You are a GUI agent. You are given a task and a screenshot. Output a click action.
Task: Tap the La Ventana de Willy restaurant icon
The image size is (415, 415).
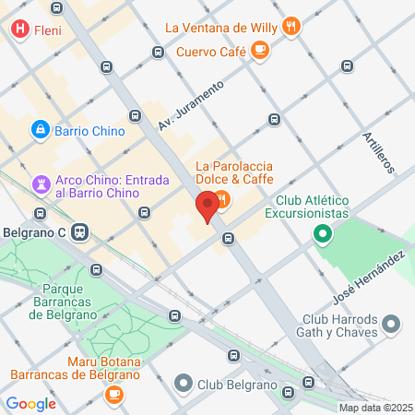[x=291, y=26]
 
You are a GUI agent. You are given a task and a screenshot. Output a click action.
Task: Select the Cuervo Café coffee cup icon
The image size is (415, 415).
[x=261, y=50]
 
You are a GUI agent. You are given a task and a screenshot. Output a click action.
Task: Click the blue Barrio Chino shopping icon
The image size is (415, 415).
[x=41, y=131]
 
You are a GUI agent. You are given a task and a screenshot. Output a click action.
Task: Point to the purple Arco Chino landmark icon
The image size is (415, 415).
[x=41, y=184]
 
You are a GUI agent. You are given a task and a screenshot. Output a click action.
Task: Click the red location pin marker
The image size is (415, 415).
[x=207, y=205]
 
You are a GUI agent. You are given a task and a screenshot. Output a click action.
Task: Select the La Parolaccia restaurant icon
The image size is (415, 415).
[x=222, y=198]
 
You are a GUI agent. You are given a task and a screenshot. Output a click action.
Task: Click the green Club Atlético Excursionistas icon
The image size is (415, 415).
[x=323, y=234]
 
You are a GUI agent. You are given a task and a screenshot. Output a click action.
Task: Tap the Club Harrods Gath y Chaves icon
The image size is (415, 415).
[x=392, y=324]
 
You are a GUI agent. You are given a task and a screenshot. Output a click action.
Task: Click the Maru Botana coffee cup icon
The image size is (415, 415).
[x=113, y=395]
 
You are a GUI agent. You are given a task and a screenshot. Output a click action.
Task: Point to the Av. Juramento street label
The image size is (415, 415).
[x=191, y=105]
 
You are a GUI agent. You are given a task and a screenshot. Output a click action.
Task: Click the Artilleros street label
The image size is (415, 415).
[x=377, y=152]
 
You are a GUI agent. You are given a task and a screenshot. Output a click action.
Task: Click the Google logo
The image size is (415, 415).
[x=30, y=403]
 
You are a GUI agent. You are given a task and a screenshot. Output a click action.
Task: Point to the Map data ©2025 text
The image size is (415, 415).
[x=374, y=408]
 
